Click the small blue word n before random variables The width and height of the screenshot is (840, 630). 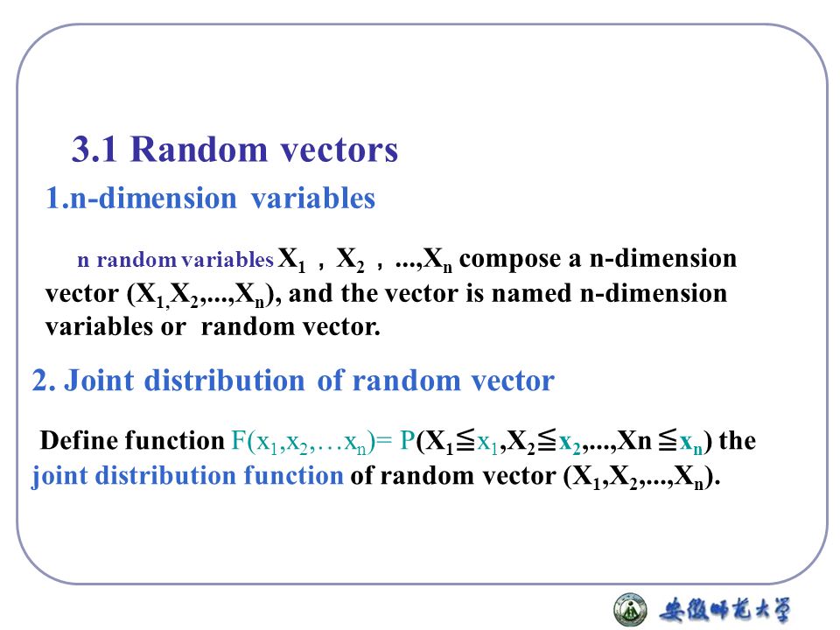pyautogui.click(x=83, y=260)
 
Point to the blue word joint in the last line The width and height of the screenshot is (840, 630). pyautogui.click(x=59, y=477)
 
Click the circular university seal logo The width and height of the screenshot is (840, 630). pyautogui.click(x=630, y=608)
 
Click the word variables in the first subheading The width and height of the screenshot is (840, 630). pyautogui.click(x=313, y=199)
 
